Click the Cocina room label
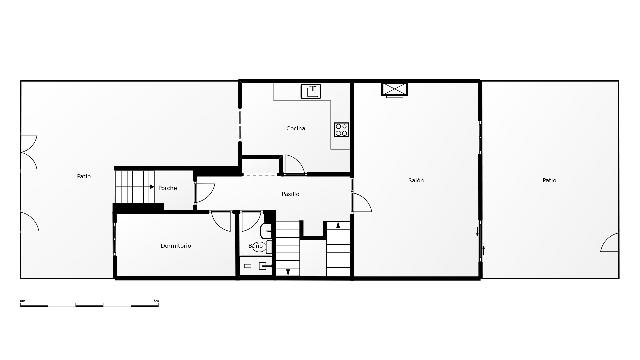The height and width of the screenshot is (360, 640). pos(295,128)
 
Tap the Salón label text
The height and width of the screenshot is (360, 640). pos(416,180)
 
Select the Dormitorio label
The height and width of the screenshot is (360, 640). pos(176,246)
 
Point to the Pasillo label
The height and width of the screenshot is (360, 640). pos(291,193)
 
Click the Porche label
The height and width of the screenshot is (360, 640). pos(168,188)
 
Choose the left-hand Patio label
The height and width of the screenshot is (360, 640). pos(84,177)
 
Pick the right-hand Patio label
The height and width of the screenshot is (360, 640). pos(549,180)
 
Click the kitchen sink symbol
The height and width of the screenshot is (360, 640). pos(311,91)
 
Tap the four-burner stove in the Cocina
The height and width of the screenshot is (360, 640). pos(341,128)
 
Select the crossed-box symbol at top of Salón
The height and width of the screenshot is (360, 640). pos(395,89)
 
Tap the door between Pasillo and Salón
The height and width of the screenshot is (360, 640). pos(361,201)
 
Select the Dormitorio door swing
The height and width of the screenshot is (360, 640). pos(221,221)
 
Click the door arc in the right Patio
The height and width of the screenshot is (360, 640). pos(609,243)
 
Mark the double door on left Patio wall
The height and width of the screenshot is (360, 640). pos(28,151)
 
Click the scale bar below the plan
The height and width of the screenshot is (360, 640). pos(89,302)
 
